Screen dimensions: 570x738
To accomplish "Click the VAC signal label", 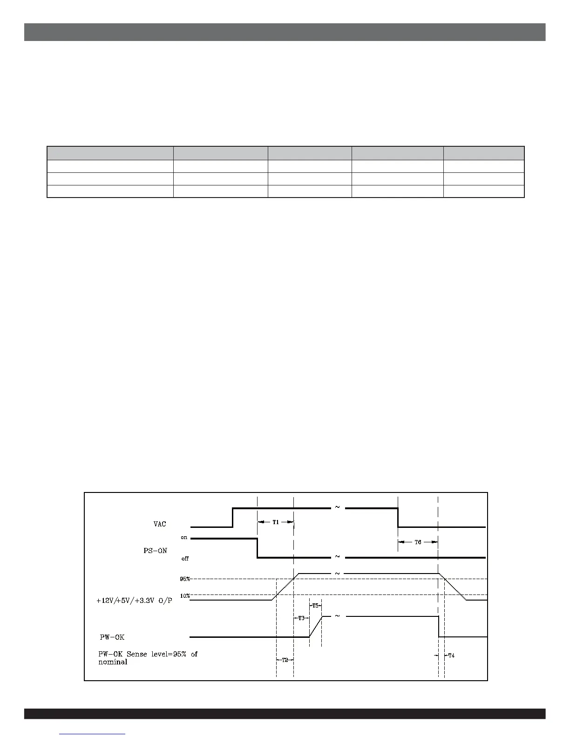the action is click(x=160, y=524).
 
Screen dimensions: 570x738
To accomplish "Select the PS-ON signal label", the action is click(x=155, y=550).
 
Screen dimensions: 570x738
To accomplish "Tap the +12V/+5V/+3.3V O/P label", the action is click(x=134, y=601).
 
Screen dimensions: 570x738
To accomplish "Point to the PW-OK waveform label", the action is click(x=112, y=637).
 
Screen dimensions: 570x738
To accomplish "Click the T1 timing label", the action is click(x=276, y=522).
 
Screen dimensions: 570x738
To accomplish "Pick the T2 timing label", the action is click(x=285, y=660).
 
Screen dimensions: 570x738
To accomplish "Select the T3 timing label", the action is click(x=301, y=618).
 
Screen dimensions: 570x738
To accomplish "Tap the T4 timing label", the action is click(x=451, y=656).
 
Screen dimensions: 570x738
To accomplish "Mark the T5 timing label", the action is click(x=315, y=606).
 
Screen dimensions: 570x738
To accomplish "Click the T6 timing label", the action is click(x=418, y=542).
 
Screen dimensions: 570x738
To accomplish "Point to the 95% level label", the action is click(x=185, y=579).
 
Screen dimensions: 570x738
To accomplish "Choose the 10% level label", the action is click(x=185, y=595).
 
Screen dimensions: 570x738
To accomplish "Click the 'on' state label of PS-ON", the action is click(x=184, y=538).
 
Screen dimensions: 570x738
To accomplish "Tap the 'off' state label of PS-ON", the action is click(x=185, y=558).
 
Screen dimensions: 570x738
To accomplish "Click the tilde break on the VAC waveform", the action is click(x=337, y=507).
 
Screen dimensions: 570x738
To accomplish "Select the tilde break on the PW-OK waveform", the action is click(x=337, y=616).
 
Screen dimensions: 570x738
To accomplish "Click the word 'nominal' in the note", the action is click(x=113, y=662).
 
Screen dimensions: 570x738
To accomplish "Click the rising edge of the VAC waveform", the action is click(x=232, y=517).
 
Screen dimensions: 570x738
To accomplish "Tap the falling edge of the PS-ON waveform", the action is click(x=257, y=548).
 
